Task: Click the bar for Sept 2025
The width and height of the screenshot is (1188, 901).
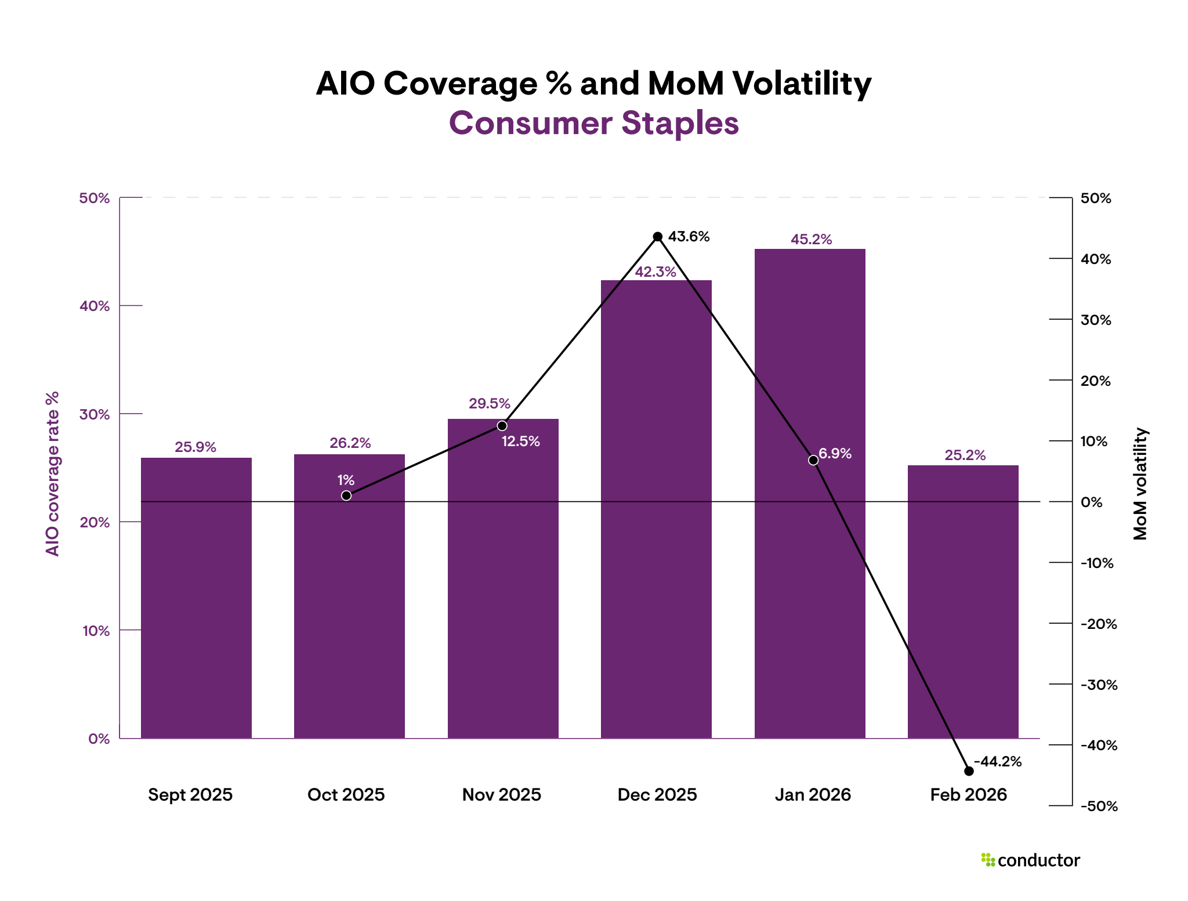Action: tap(196, 598)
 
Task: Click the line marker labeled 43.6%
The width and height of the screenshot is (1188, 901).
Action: tap(657, 237)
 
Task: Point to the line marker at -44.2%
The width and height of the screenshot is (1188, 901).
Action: tap(969, 771)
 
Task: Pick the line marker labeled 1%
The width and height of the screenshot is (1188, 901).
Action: tap(346, 495)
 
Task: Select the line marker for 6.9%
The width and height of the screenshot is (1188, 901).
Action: tap(813, 460)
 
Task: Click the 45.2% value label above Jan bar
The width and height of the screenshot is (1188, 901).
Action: tap(811, 240)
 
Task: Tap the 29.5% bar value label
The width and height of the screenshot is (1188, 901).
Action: tap(489, 404)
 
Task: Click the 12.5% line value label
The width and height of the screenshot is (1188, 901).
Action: tap(520, 442)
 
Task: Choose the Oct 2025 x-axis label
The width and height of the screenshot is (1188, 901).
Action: tap(346, 794)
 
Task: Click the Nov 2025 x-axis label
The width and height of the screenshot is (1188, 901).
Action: tap(501, 794)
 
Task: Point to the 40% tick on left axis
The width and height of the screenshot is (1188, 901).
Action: tap(95, 306)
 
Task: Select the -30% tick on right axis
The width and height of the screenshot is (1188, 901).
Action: tap(1099, 685)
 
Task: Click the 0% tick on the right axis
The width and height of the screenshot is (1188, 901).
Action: tap(1091, 502)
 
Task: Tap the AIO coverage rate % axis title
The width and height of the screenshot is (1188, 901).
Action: tap(52, 473)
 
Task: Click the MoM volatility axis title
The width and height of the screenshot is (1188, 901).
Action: tap(1140, 484)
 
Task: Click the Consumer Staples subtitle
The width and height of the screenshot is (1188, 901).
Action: tap(593, 123)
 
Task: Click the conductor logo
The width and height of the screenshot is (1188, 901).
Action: tap(1030, 860)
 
